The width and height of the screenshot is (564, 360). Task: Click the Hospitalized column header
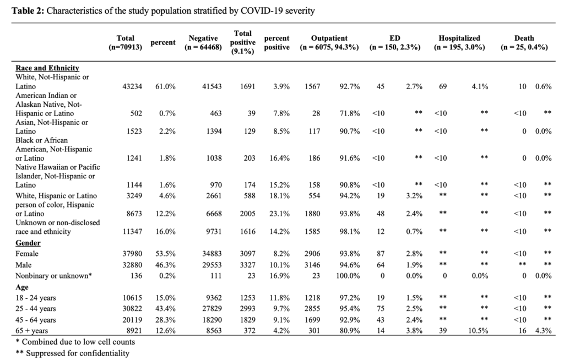(459, 42)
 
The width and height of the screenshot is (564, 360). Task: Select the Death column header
(524, 42)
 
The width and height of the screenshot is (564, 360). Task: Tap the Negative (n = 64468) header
(203, 42)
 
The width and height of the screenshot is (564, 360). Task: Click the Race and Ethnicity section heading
(47, 68)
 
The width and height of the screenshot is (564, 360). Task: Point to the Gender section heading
(28, 243)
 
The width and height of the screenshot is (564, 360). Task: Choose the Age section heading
(22, 287)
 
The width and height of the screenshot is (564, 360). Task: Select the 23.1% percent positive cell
(279, 214)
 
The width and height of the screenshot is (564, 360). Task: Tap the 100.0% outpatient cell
(348, 276)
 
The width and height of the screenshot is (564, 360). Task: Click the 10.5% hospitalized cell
(478, 331)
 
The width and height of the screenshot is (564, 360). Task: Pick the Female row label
(27, 254)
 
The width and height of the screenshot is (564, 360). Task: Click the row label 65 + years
(31, 331)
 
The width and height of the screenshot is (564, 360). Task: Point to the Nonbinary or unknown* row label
(53, 276)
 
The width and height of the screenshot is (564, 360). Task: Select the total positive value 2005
(248, 214)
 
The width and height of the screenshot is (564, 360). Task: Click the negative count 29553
(212, 265)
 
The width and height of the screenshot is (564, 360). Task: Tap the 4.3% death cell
(543, 331)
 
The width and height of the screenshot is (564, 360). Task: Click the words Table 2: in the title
(28, 11)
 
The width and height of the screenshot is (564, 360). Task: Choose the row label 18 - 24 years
(36, 298)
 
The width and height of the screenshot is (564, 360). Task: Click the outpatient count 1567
(312, 86)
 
